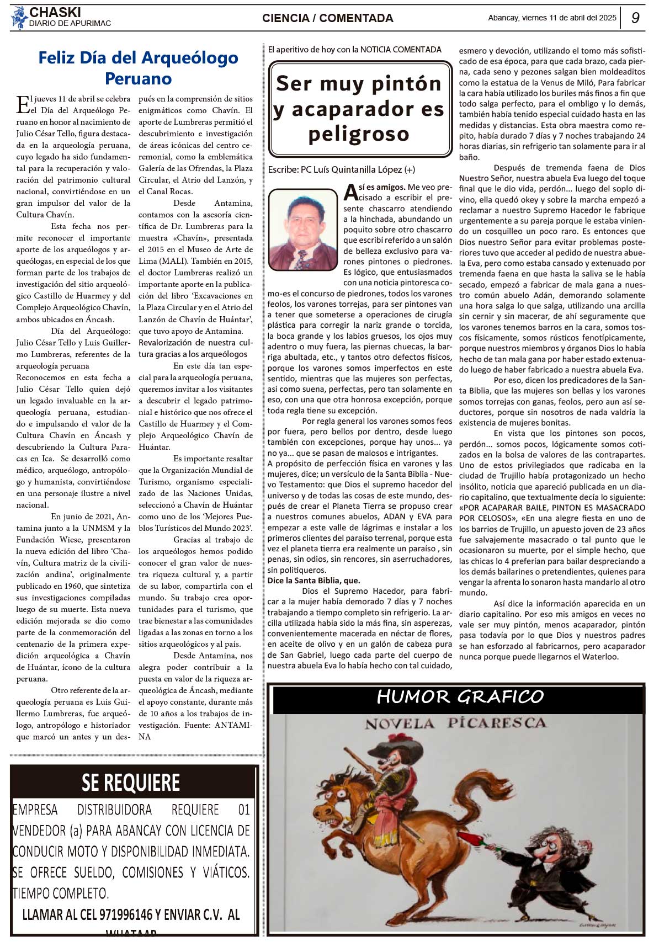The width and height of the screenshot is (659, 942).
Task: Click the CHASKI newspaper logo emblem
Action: pos(19,17)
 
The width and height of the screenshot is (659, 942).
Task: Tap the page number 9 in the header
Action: pos(635,18)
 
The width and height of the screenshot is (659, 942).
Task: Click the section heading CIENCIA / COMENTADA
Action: pos(328,18)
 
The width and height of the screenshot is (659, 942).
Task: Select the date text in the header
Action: pos(551,18)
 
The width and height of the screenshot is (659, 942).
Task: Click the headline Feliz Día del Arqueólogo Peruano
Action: pos(138,68)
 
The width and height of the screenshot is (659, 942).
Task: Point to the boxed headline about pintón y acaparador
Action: pos(360,109)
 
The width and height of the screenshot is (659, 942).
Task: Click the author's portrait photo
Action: pos(302,230)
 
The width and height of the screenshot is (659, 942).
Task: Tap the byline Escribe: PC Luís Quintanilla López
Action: pos(341,169)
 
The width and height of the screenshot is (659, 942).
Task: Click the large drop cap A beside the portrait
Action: pos(350,192)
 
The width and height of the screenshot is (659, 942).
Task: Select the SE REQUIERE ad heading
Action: pos(131,783)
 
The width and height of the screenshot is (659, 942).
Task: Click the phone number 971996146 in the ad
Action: pos(126,914)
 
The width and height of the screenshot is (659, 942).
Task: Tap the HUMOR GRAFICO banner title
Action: pos(460,697)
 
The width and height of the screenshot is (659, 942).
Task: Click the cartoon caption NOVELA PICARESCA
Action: pos(455,723)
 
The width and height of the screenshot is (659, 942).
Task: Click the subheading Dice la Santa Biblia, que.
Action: pos(313,581)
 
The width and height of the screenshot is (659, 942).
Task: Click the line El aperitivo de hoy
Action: pos(354,50)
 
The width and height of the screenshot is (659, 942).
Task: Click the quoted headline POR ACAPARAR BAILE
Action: pos(552,513)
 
